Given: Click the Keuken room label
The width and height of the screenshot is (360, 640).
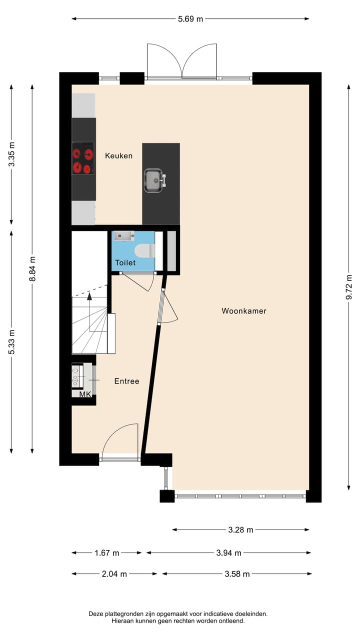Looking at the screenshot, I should (x=118, y=156).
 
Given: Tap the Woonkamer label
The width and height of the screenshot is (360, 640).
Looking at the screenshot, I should (x=244, y=311).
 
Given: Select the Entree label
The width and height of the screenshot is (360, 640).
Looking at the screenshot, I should (x=126, y=381).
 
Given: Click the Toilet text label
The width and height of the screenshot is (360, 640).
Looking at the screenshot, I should (x=125, y=262).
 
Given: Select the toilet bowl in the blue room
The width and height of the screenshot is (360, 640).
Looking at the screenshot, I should (x=144, y=250).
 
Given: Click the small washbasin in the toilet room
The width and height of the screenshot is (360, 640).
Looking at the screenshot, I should (x=123, y=235).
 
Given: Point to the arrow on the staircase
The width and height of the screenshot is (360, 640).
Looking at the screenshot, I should (x=89, y=297).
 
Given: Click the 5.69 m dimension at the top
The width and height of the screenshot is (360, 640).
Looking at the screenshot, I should (x=190, y=19).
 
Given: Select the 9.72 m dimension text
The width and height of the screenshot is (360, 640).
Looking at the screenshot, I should (x=348, y=287).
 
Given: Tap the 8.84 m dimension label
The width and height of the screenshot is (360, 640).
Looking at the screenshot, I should (x=32, y=268).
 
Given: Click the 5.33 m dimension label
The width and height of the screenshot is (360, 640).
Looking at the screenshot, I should (x=11, y=342).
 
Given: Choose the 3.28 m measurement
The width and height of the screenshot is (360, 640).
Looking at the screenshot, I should (x=240, y=530).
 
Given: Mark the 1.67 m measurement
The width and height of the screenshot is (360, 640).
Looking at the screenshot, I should (x=107, y=553).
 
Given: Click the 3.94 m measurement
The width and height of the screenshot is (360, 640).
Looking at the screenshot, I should (x=228, y=553).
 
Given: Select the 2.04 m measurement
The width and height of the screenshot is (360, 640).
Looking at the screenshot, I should (x=114, y=574).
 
